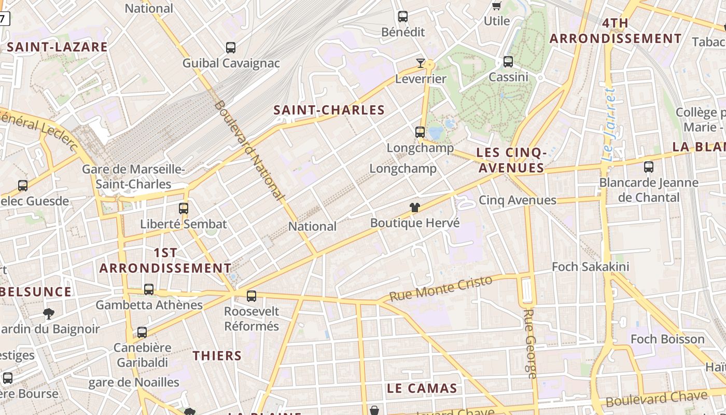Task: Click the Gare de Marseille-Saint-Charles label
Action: (x=134, y=177)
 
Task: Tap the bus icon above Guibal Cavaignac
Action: (x=231, y=48)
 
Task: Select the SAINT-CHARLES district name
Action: (x=329, y=110)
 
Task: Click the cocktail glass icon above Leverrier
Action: (x=421, y=63)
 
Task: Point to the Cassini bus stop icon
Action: (x=508, y=62)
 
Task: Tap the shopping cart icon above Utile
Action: (x=496, y=6)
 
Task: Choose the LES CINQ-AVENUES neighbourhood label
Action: (x=511, y=160)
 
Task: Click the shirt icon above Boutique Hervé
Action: (x=415, y=208)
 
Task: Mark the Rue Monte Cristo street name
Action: (x=441, y=288)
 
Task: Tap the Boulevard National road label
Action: (x=249, y=150)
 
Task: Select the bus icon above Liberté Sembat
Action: (x=184, y=209)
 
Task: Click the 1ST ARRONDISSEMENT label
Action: (x=165, y=260)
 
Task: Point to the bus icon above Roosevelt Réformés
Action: (x=252, y=296)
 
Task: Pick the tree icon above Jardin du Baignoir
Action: (x=49, y=313)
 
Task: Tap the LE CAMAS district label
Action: (x=422, y=389)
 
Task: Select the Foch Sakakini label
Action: (x=590, y=267)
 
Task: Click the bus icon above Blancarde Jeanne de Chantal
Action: (x=648, y=167)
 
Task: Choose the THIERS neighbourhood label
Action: (x=217, y=356)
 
